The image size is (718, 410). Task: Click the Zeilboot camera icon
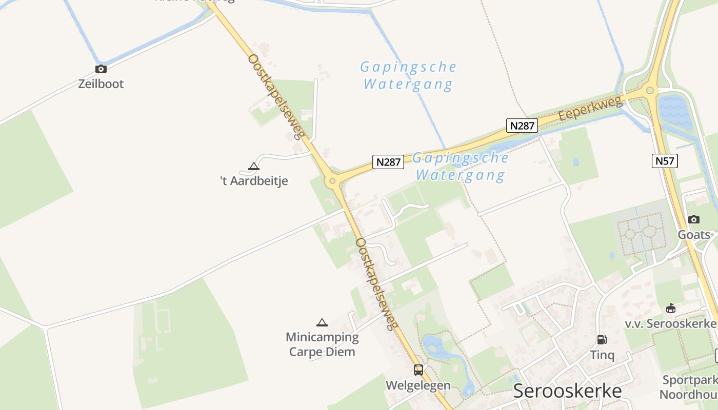(101, 69)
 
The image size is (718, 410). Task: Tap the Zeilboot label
(101, 84)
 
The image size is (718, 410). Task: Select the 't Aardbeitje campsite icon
(253, 166)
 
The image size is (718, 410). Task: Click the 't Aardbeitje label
(254, 181)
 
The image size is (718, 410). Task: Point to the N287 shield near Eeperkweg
(522, 126)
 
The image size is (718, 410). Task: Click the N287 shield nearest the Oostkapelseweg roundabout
(388, 162)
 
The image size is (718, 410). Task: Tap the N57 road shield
(665, 161)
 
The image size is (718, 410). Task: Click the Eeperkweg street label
(590, 108)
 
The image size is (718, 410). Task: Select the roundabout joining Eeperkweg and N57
(650, 91)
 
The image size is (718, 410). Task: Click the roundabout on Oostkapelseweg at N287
(332, 180)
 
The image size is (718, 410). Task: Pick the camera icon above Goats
(693, 219)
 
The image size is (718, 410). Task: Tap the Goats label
(694, 235)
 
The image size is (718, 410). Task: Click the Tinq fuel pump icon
(602, 339)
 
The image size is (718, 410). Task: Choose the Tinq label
(602, 355)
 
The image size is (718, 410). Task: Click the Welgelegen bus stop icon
(418, 370)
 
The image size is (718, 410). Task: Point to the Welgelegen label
(418, 385)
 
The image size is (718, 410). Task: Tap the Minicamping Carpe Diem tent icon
(322, 322)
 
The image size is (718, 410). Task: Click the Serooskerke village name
(567, 391)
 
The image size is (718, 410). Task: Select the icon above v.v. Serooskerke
(670, 308)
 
